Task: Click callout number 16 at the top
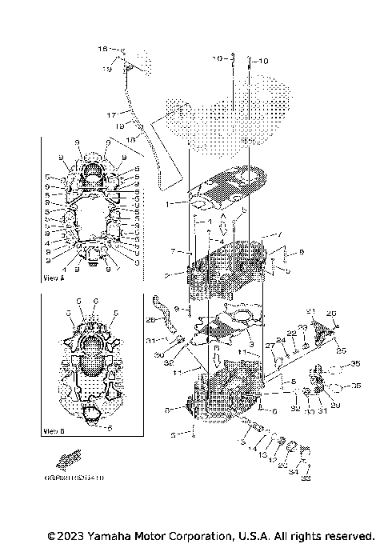102,50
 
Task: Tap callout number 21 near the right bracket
311,310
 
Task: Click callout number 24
281,340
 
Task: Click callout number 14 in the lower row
252,450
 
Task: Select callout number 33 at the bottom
306,479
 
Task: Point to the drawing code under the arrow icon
79,478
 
